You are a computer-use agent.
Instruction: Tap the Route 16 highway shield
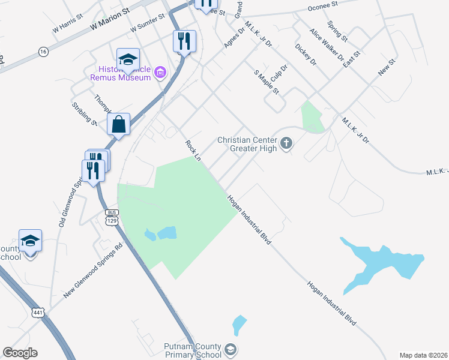pos(43,52)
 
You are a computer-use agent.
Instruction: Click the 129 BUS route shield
pos(111,217)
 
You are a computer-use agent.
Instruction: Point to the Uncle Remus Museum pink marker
pos(160,73)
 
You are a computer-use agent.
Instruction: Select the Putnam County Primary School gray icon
pos(230,349)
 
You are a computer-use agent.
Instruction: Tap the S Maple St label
pos(267,82)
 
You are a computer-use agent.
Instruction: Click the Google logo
pos(20,353)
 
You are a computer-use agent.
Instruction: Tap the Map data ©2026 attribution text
pos(423,355)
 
